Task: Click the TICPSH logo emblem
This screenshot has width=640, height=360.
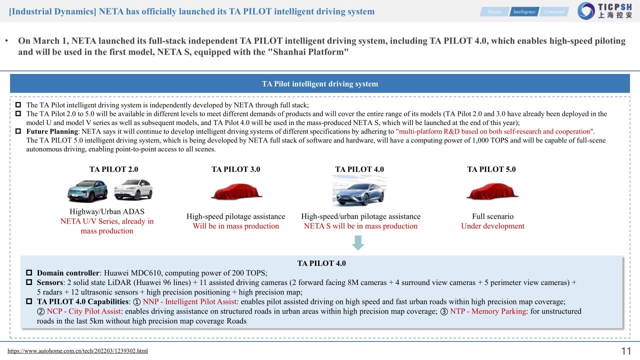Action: pos(586,11)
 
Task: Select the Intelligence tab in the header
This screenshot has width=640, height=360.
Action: pos(524,11)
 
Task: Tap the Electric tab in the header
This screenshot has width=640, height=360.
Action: pos(494,11)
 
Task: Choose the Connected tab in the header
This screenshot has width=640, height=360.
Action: pos(554,11)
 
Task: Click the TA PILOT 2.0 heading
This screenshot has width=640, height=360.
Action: pos(113,169)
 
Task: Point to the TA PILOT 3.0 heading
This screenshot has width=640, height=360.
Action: pos(235,169)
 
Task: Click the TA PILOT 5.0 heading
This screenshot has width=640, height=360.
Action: pos(491,169)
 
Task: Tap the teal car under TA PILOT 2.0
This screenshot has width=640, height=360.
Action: pos(87,190)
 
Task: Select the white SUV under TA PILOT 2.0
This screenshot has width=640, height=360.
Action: pos(133,190)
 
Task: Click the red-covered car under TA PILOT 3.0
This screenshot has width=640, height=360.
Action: pos(235,191)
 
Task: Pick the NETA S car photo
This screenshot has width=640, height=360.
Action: pos(359,190)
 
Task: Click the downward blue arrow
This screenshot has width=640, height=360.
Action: pos(358,242)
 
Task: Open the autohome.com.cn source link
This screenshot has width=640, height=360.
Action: pos(77,351)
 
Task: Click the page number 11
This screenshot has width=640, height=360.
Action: pos(626,351)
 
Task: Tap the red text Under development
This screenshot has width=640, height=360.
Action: pos(492,226)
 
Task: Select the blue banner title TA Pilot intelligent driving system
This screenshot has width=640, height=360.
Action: pos(320,84)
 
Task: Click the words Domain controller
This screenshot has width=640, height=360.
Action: pos(68,273)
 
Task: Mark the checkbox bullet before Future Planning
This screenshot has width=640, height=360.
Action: pos(18,131)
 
